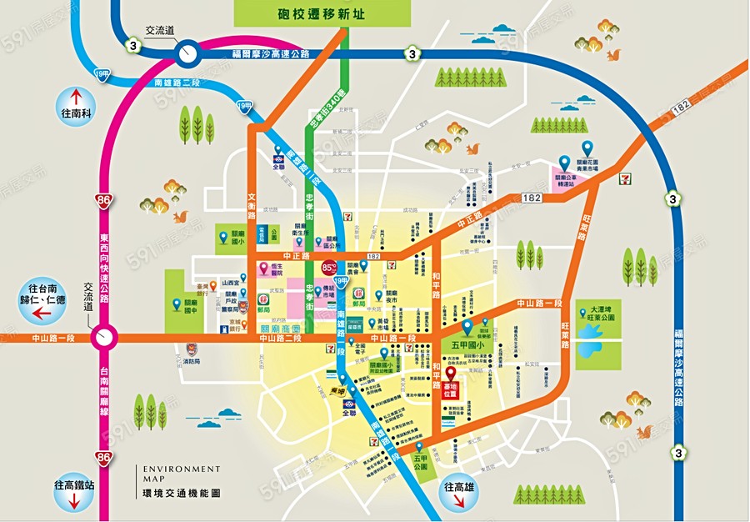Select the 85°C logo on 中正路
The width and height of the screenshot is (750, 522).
click(328, 269)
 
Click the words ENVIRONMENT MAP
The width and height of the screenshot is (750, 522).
click(171, 474)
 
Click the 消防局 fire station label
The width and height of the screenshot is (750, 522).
click(190, 361)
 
